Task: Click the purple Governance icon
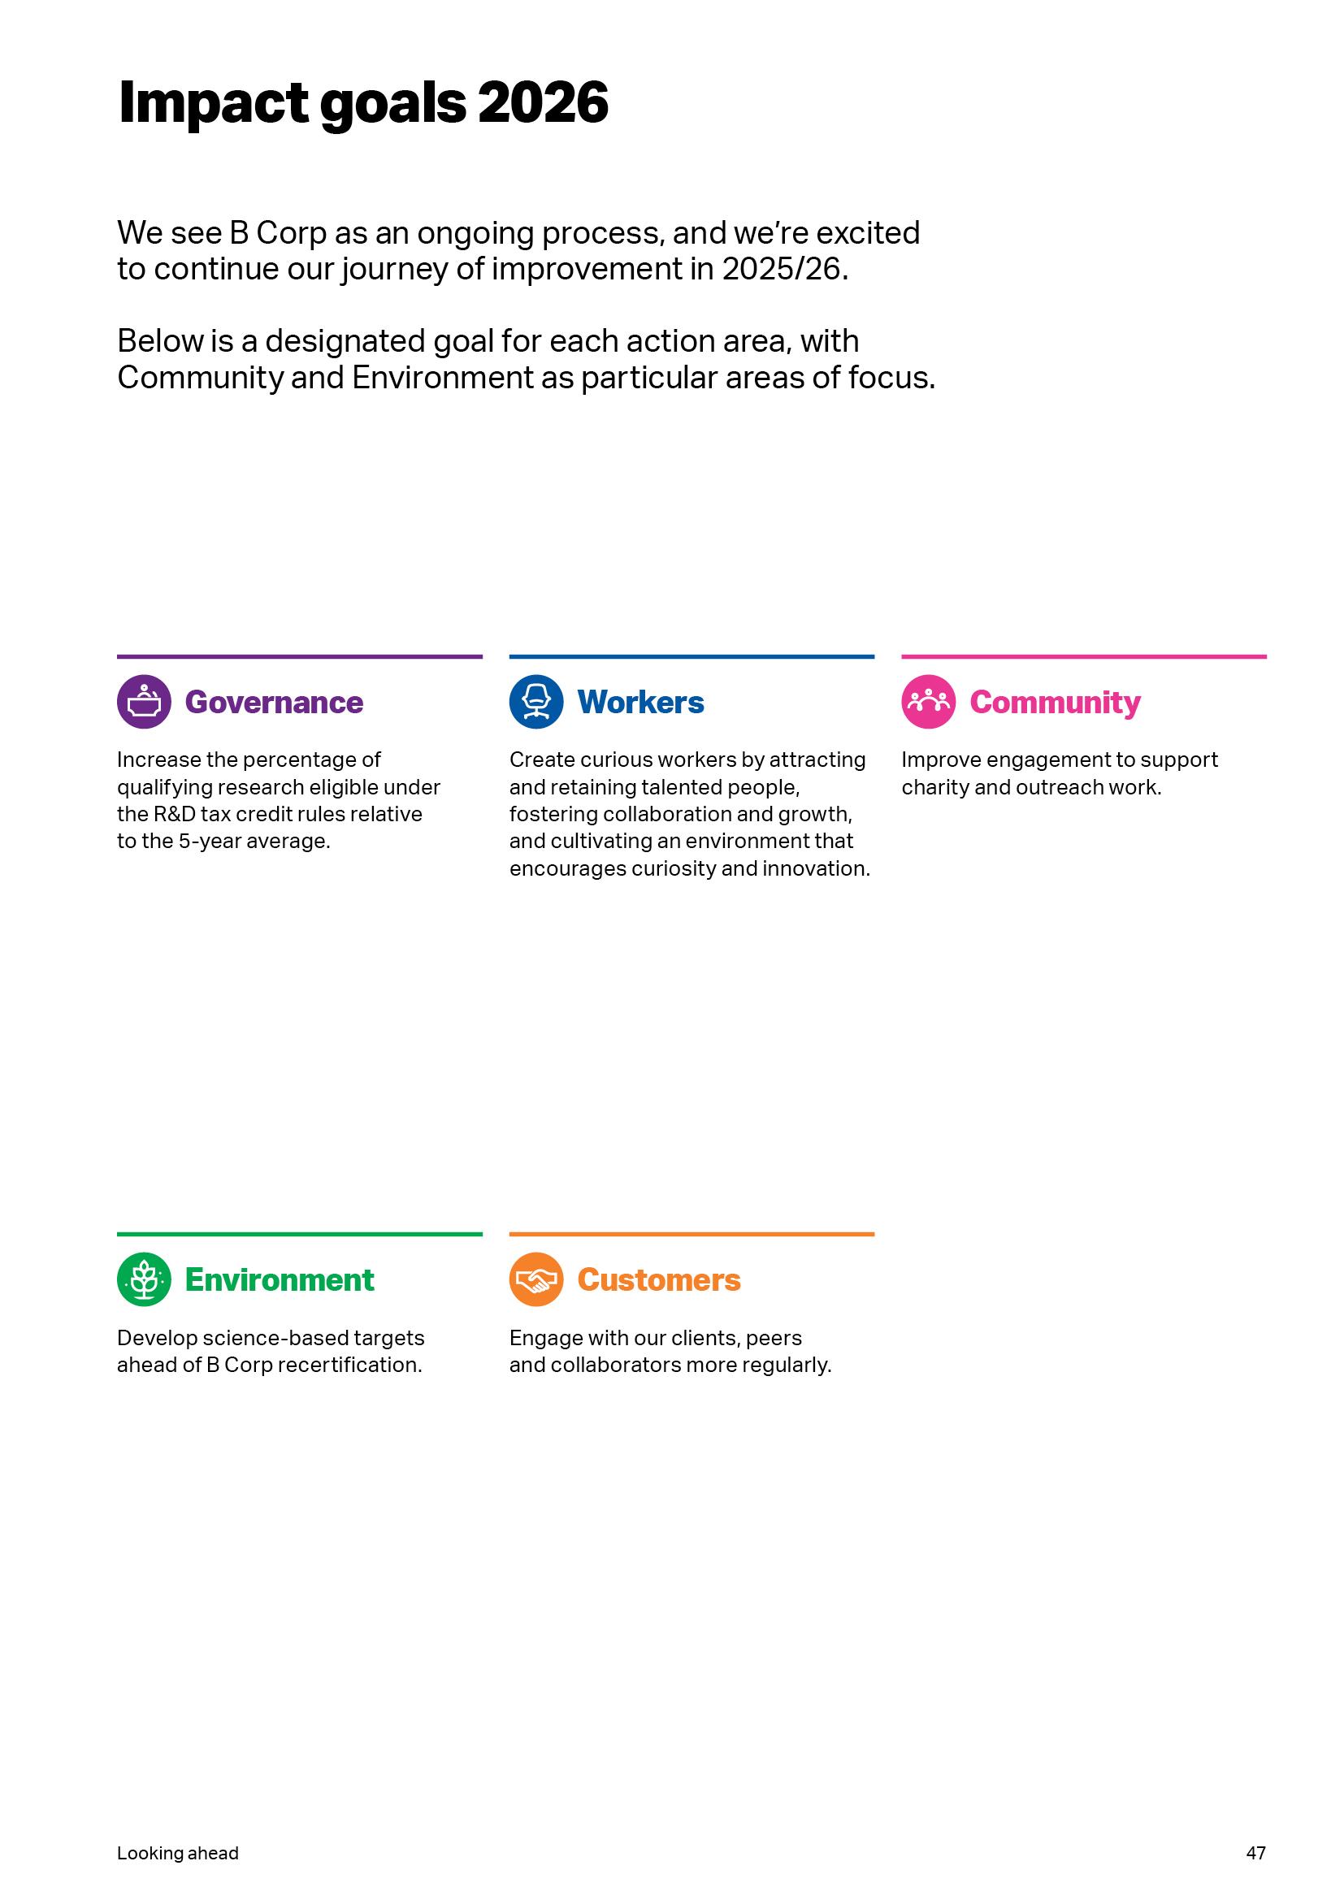click(144, 702)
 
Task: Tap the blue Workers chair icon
click(536, 702)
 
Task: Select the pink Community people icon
click(929, 702)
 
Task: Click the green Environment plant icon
click(144, 1279)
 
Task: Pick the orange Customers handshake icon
click(536, 1279)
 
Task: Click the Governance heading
click(274, 703)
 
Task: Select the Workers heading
click(640, 703)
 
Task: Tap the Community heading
click(1056, 703)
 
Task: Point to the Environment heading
click(280, 1280)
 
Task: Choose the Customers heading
click(659, 1280)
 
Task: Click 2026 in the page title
click(543, 102)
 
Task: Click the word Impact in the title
click(214, 102)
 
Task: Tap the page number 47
click(1255, 1853)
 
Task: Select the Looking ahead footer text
click(178, 1853)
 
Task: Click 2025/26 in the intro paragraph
click(785, 269)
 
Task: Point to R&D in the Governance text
click(175, 814)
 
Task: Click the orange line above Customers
click(692, 1234)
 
